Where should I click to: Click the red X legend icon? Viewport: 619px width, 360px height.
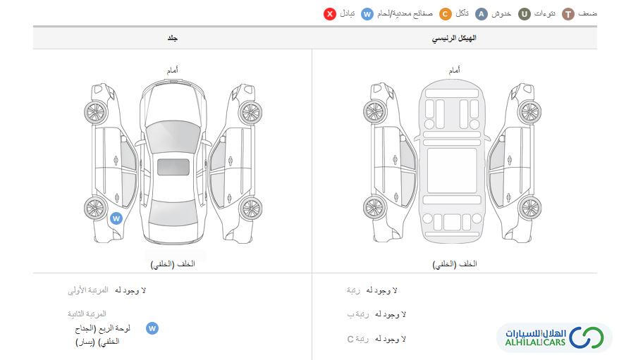[x=330, y=14]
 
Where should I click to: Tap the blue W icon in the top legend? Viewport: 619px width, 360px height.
[x=367, y=14]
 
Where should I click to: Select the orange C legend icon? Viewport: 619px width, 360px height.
[x=446, y=14]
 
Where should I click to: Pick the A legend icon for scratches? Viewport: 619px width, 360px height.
[x=482, y=14]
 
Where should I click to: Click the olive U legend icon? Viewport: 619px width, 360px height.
[x=525, y=14]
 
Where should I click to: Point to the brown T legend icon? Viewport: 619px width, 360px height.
[x=568, y=14]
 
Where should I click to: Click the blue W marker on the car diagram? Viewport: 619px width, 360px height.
[x=116, y=218]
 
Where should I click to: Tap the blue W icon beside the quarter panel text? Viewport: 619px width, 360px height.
[x=152, y=328]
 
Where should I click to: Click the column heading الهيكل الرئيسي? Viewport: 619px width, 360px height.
[x=454, y=38]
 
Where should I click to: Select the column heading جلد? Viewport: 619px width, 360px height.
[x=173, y=38]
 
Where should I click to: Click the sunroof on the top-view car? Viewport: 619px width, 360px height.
[x=173, y=167]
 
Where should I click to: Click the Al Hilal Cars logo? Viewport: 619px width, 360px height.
[x=554, y=338]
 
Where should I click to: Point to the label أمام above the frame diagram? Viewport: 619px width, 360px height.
[x=455, y=70]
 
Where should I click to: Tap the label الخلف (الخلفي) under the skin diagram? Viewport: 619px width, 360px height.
[x=173, y=263]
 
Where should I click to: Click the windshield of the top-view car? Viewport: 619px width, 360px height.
[x=173, y=137]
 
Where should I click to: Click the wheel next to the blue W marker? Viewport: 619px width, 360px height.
[x=96, y=209]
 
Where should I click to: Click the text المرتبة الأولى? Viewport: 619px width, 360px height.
[x=87, y=290]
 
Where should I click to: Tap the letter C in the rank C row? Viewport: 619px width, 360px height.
[x=350, y=339]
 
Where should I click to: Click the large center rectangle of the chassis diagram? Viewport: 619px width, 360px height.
[x=452, y=170]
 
